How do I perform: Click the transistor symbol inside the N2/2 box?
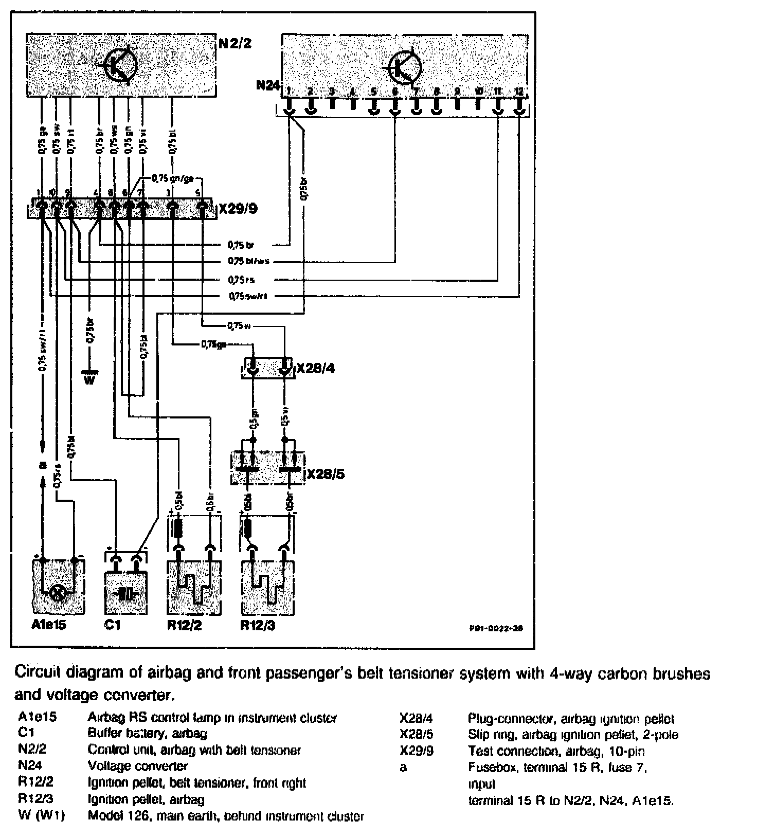click(121, 65)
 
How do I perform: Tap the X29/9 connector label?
click(238, 210)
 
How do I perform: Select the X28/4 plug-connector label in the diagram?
click(315, 369)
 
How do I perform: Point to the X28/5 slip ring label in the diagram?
click(326, 474)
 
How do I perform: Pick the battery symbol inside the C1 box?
click(127, 594)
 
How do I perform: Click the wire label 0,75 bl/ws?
click(249, 261)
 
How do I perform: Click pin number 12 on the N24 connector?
click(519, 91)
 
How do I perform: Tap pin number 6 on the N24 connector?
click(395, 92)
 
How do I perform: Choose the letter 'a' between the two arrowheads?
click(43, 466)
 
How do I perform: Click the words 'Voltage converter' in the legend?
click(137, 766)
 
